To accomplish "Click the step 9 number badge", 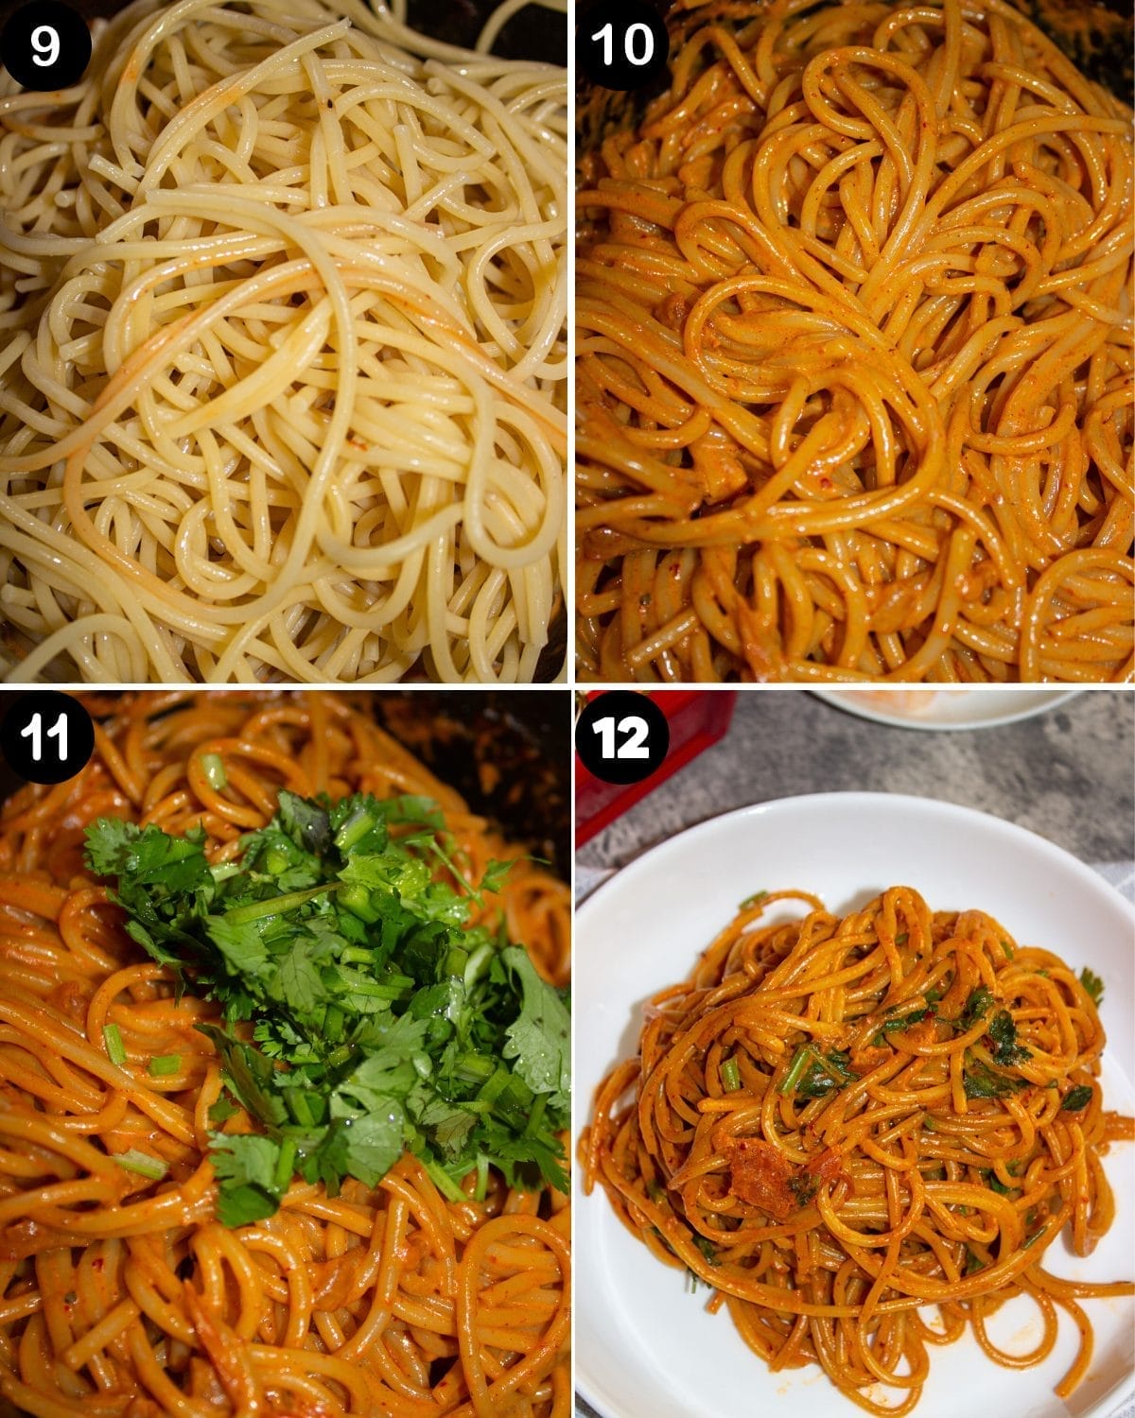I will pos(45,45).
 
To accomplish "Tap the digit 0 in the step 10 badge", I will pos(638,45).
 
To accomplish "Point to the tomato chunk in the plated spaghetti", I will pos(757,1172).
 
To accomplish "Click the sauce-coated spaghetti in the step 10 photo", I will pos(851,378).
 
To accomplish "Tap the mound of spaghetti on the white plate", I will pos(851,1087).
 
